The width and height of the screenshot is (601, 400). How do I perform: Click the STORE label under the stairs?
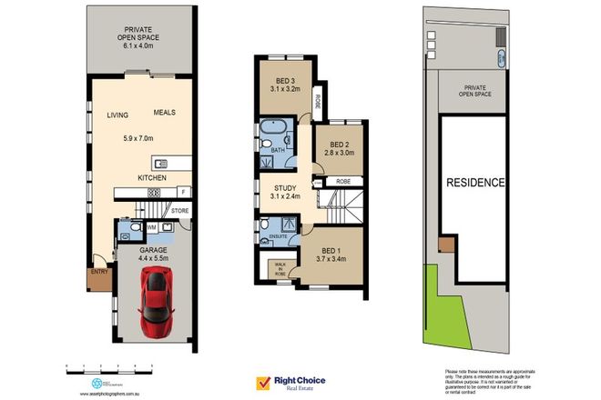click(x=179, y=212)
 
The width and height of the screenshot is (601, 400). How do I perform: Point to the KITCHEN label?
click(x=151, y=178)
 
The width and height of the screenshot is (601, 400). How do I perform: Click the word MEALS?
click(x=165, y=113)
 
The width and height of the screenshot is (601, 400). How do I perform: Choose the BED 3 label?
click(x=285, y=80)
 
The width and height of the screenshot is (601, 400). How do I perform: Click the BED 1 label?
click(x=333, y=251)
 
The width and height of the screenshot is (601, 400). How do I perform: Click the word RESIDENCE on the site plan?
click(x=474, y=183)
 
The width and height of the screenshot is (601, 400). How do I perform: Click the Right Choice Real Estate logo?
click(x=290, y=383)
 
